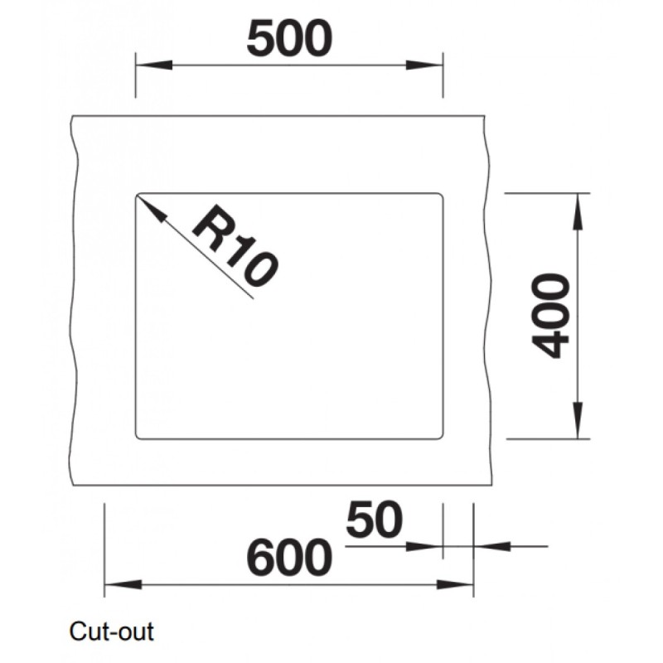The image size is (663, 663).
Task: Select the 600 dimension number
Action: (288, 558)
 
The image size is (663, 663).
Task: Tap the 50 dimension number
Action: (374, 520)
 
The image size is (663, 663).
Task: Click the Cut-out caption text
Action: (112, 632)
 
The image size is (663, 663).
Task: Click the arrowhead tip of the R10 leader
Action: (139, 197)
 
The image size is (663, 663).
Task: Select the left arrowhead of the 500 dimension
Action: (146, 65)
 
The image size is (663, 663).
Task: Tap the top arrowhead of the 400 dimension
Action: (578, 202)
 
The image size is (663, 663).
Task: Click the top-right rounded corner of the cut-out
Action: (440, 196)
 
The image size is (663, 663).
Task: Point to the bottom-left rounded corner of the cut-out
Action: (138, 436)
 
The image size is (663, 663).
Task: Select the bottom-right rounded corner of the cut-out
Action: (440, 436)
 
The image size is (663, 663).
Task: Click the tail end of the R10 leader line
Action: (251, 295)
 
